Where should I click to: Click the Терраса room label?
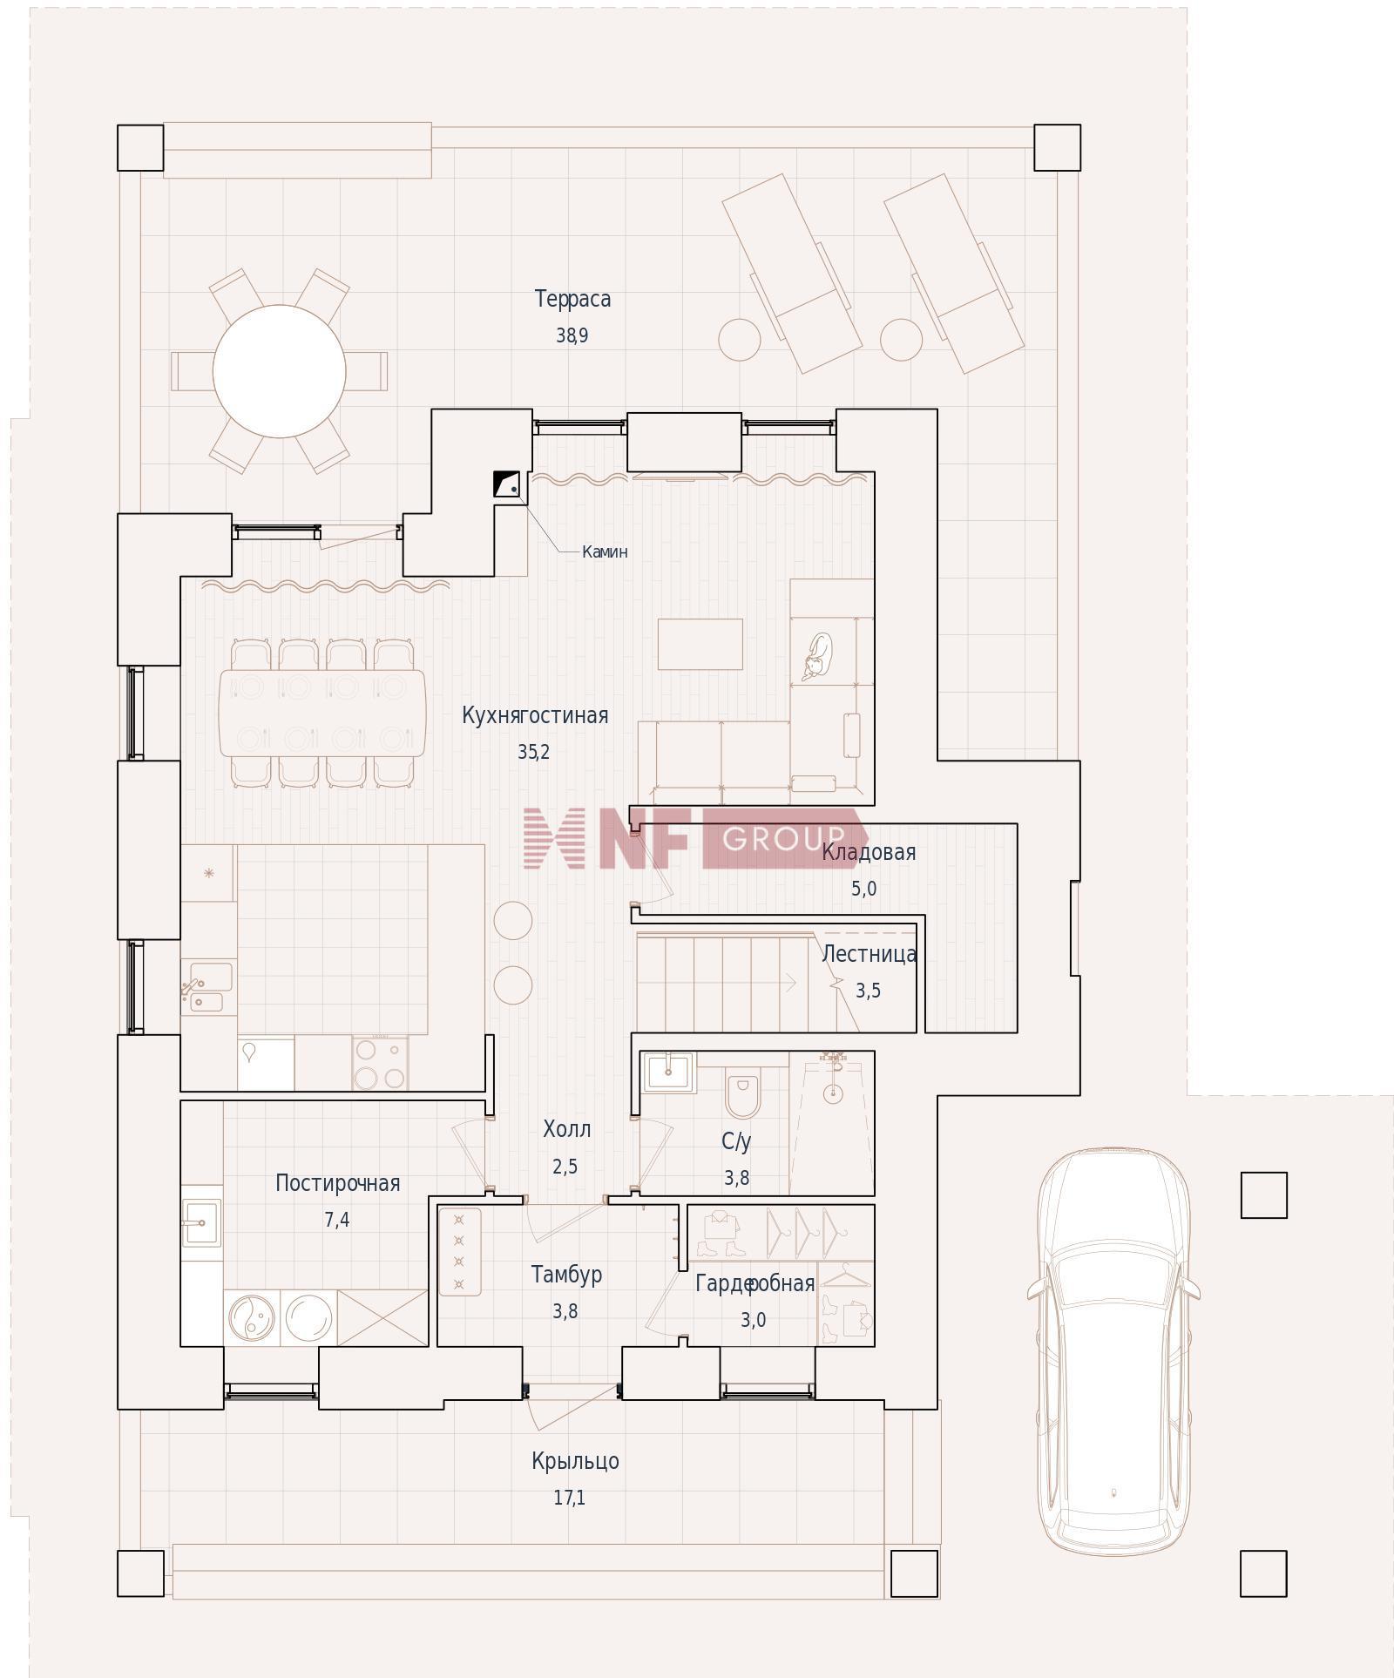click(x=572, y=300)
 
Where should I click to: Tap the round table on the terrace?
click(x=279, y=371)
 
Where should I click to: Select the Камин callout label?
click(x=605, y=551)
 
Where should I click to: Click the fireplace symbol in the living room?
click(x=506, y=484)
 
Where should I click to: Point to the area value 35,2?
click(x=533, y=752)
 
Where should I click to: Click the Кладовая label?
click(x=869, y=852)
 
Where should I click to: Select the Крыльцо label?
click(x=575, y=1461)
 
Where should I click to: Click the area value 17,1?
click(x=569, y=1498)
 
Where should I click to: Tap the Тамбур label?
click(x=566, y=1275)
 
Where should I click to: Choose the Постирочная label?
click(x=337, y=1183)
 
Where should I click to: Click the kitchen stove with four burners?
click(x=380, y=1062)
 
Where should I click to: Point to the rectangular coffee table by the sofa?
click(x=700, y=644)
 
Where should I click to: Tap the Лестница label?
click(x=869, y=954)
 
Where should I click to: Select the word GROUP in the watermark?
click(x=783, y=838)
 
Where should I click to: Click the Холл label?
click(x=566, y=1130)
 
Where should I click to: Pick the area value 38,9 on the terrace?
click(x=572, y=335)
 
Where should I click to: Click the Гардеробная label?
click(x=755, y=1283)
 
